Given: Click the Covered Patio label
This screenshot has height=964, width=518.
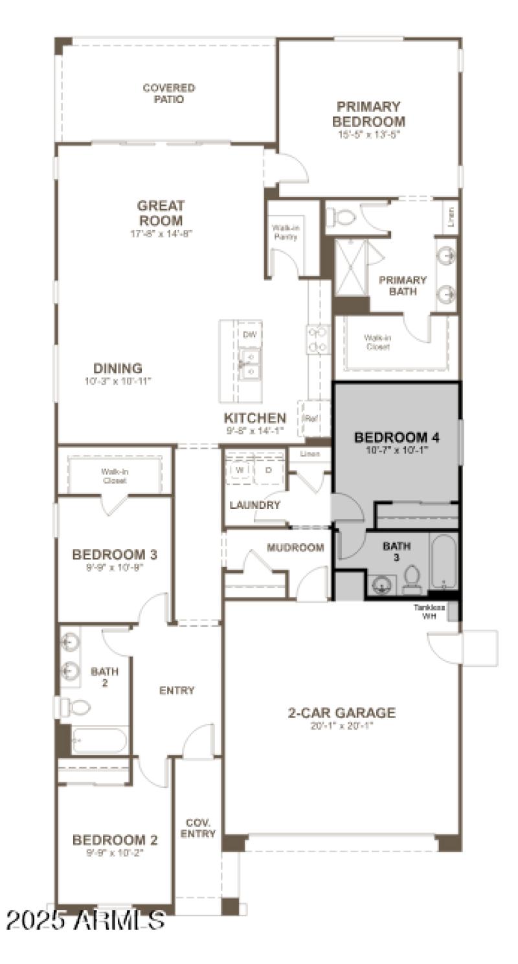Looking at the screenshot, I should coord(168,93).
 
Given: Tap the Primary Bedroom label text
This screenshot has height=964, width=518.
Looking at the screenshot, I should coord(368,114).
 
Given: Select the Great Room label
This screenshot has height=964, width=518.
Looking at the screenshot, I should coord(161,213).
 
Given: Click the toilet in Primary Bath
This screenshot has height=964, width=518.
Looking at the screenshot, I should coord(340,217).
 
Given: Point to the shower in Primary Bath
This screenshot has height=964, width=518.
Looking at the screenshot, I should coord(351,267).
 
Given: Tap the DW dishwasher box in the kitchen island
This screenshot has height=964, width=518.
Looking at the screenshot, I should coord(249,335).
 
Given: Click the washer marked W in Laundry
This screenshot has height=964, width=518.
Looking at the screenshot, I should coord(239,470).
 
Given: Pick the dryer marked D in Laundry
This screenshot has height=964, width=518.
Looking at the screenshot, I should coord(268,470).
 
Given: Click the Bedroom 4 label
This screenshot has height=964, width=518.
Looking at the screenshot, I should coord(396,438).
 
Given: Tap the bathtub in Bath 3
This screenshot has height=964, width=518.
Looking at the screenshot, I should coord(444,561).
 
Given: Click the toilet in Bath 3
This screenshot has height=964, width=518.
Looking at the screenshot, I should coord(412,579).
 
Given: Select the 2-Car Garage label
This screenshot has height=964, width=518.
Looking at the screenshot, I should coord(341,713).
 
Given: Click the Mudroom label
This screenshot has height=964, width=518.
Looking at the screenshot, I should coord(295,548).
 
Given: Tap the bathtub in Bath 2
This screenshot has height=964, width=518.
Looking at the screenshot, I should coord(99,740).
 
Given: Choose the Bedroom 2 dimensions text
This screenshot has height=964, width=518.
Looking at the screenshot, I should coord(115,853).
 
